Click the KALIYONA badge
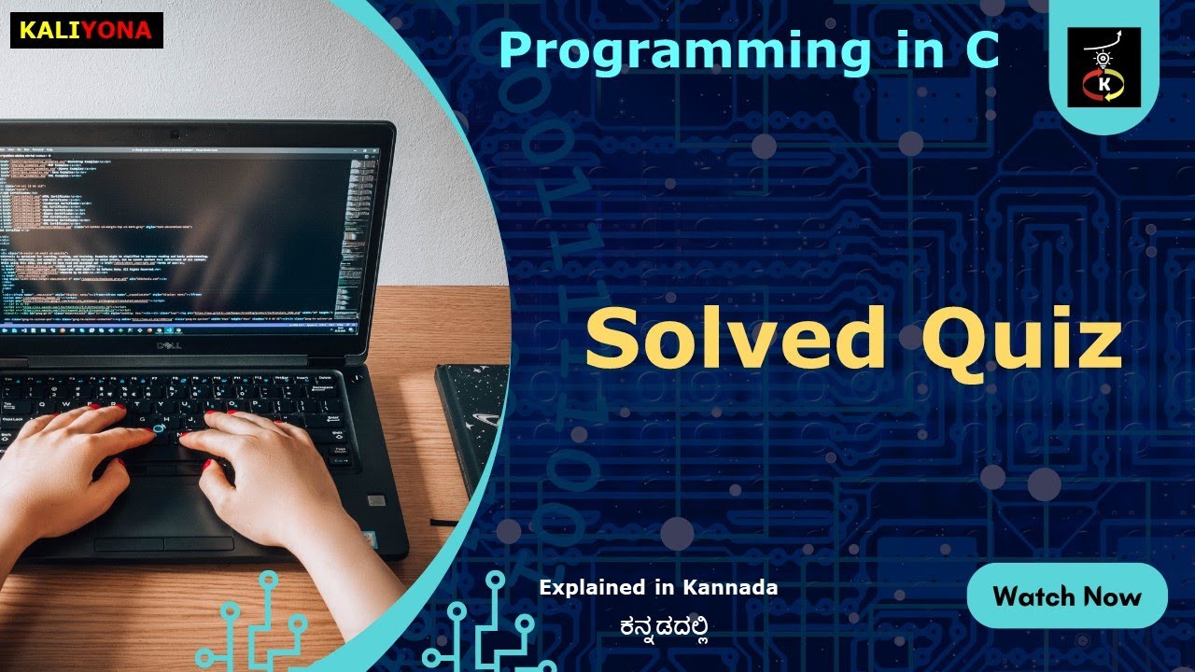coord(86,30)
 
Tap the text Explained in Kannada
coord(658,588)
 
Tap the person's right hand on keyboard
coord(261,467)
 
